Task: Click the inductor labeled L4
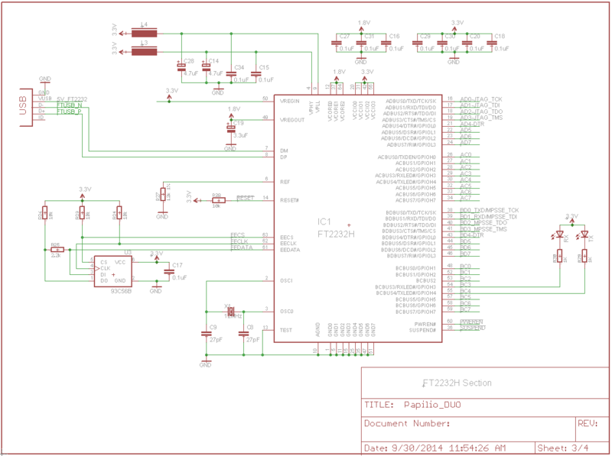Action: pyautogui.click(x=144, y=34)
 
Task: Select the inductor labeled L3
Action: pyautogui.click(x=144, y=51)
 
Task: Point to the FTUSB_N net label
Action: pyautogui.click(x=69, y=105)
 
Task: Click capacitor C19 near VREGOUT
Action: pyautogui.click(x=231, y=128)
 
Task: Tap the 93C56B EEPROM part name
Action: pyautogui.click(x=121, y=291)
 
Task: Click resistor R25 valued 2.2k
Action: pyautogui.click(x=56, y=250)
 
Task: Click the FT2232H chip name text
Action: pyautogui.click(x=337, y=234)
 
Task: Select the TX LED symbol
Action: pyautogui.click(x=584, y=234)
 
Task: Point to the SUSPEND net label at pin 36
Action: pyautogui.click(x=472, y=328)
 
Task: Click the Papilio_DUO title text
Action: pyautogui.click(x=435, y=404)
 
